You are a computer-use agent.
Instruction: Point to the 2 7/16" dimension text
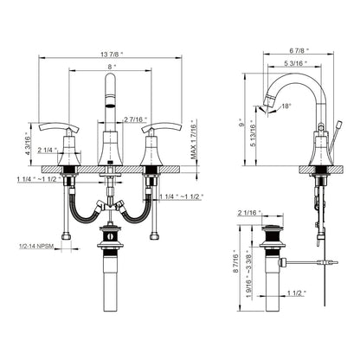pos(135,119)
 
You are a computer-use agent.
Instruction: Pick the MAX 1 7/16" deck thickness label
pos(193,139)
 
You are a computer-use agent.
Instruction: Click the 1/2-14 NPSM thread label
pos(36,247)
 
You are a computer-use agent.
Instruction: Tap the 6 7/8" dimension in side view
pos(299,50)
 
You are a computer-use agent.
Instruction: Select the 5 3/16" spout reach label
pos(295,63)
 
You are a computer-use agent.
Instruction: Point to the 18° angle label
pos(286,106)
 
